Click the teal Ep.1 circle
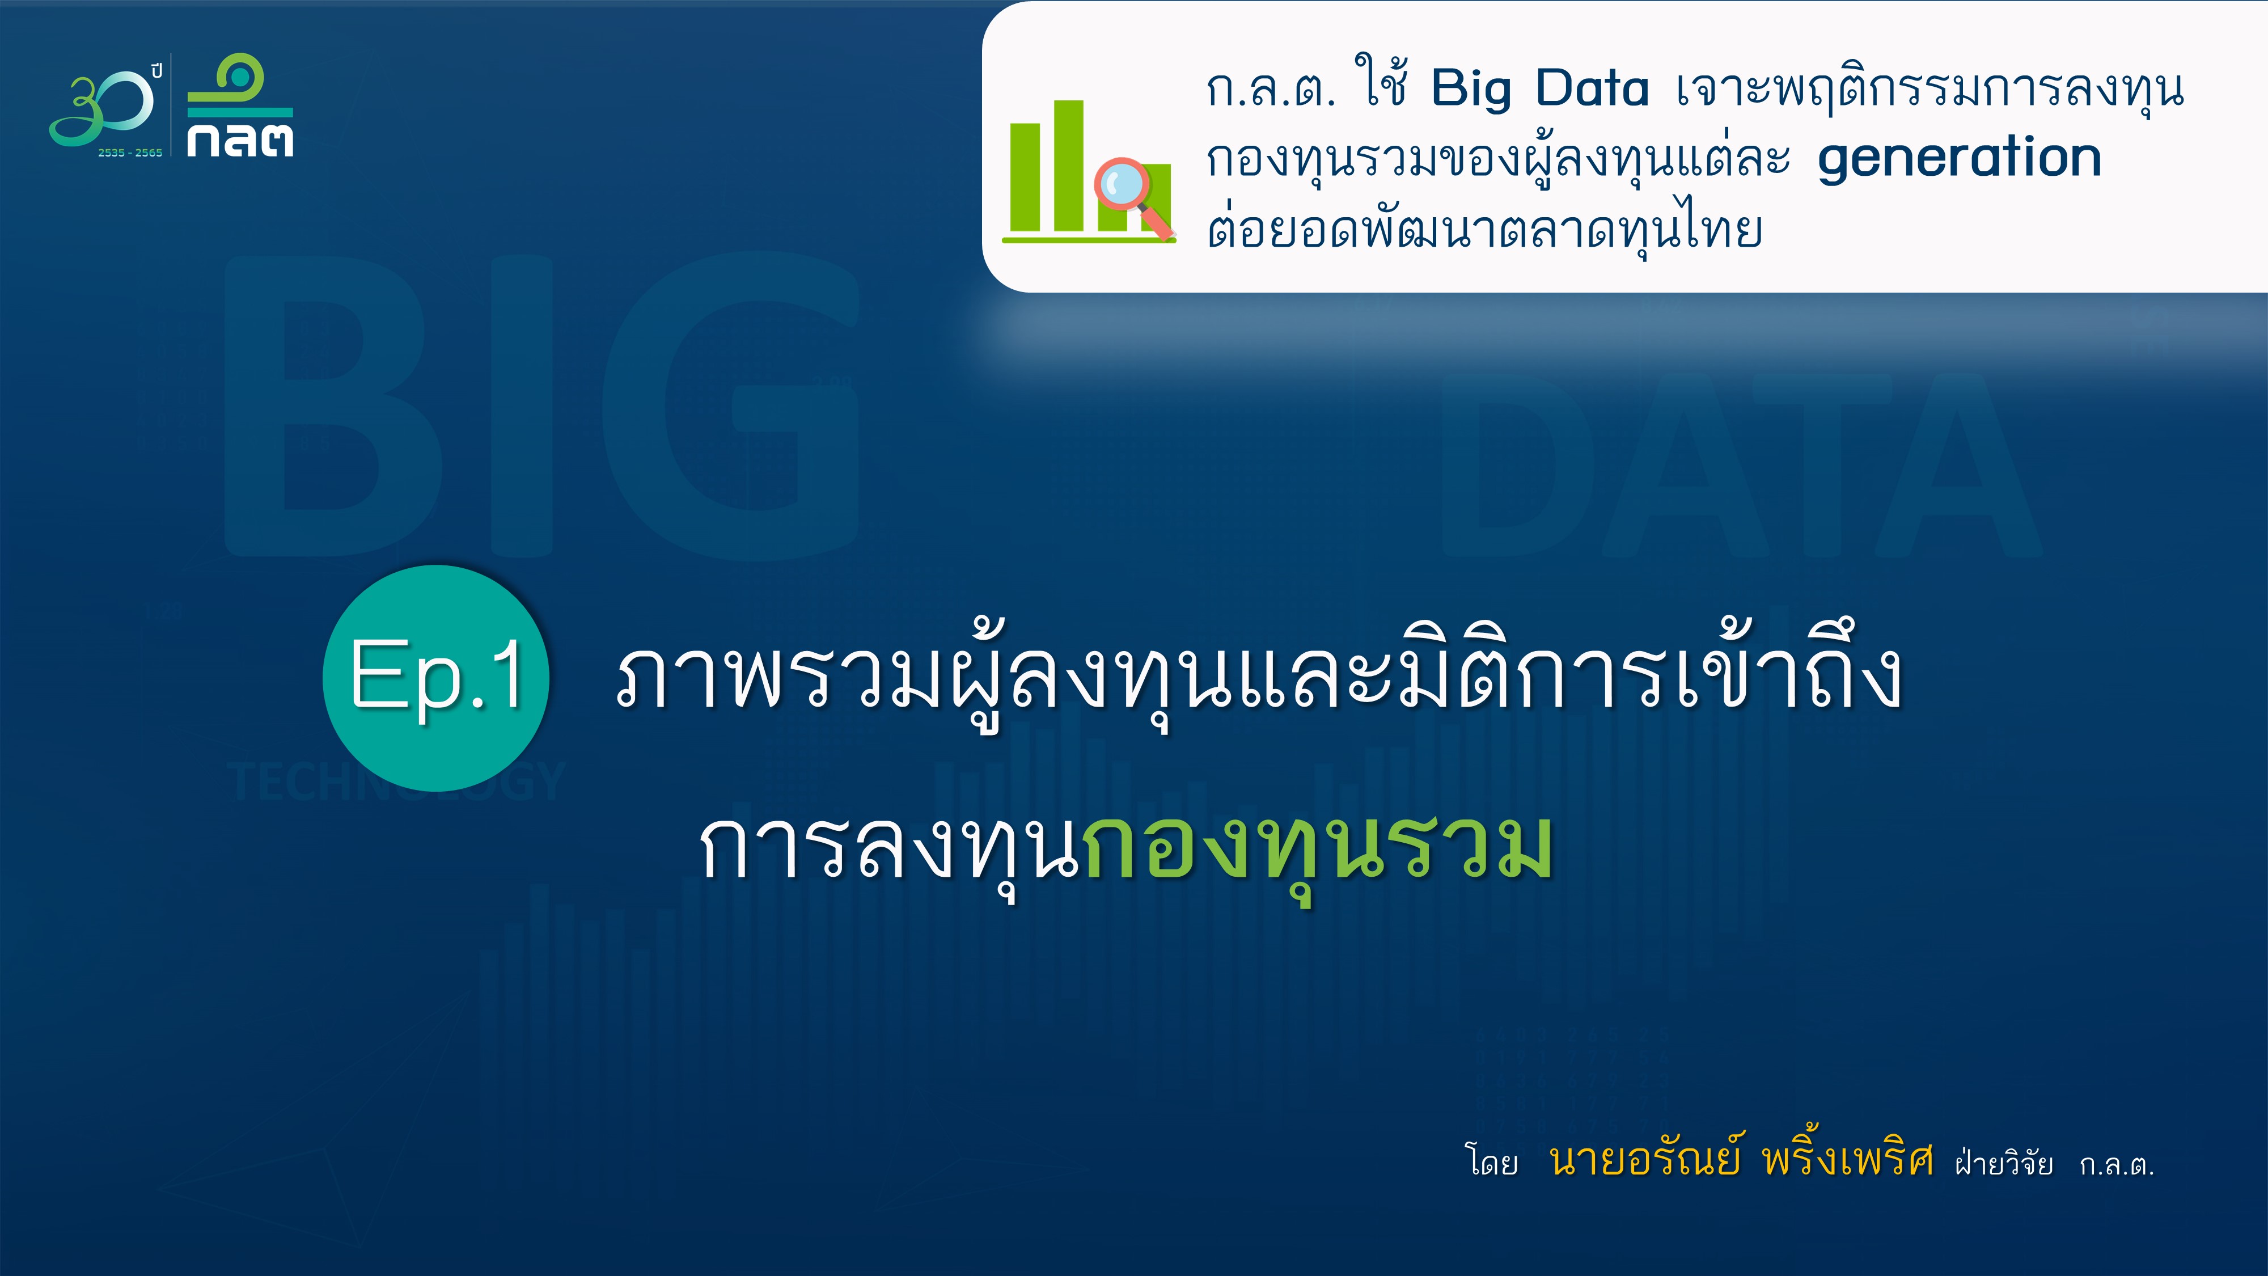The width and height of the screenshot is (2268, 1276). click(x=436, y=678)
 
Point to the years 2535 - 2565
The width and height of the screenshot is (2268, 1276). click(x=130, y=153)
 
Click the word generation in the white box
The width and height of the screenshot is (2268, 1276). click(x=1959, y=159)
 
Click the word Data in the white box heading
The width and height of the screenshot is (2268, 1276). click(x=1592, y=88)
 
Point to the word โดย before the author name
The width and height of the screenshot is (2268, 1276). click(x=1491, y=1161)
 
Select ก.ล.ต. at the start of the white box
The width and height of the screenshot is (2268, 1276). click(x=1271, y=90)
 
